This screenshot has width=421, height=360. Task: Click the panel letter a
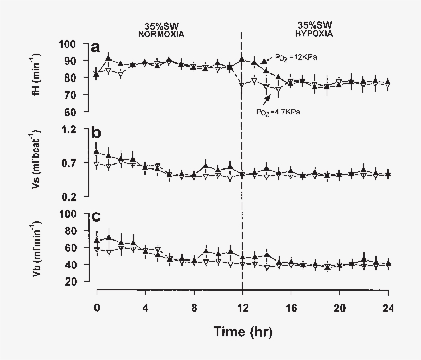point(95,48)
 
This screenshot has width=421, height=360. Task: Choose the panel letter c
point(95,217)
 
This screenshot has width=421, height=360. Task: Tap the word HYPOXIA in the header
point(315,34)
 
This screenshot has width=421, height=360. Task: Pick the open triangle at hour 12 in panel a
point(242,85)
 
